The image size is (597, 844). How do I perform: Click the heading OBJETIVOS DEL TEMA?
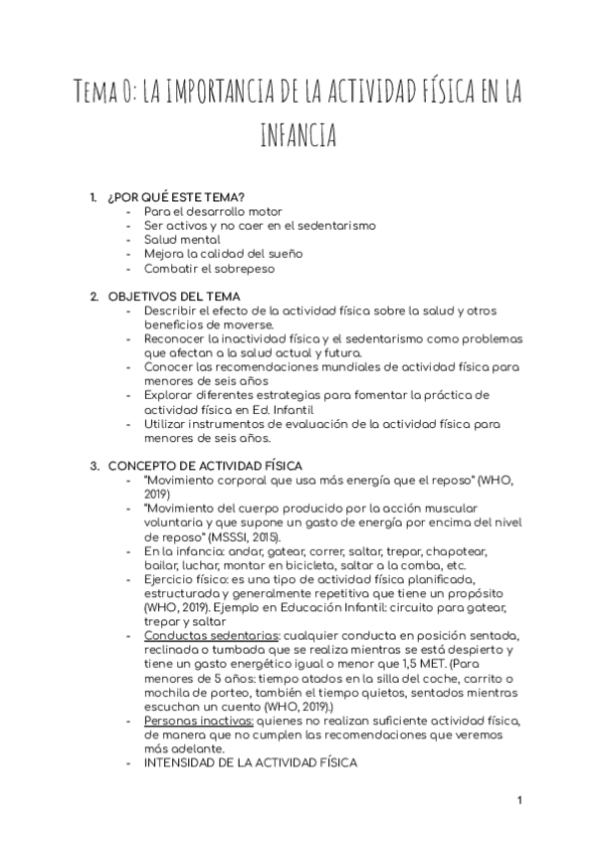173,297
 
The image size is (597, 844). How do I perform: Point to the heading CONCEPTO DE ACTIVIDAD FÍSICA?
205,465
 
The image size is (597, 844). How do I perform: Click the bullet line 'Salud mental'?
182,240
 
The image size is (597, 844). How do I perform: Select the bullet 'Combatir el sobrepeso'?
208,268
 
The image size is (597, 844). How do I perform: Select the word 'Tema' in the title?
103,95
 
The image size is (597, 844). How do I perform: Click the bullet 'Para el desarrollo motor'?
213,212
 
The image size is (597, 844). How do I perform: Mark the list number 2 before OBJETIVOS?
94,297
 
